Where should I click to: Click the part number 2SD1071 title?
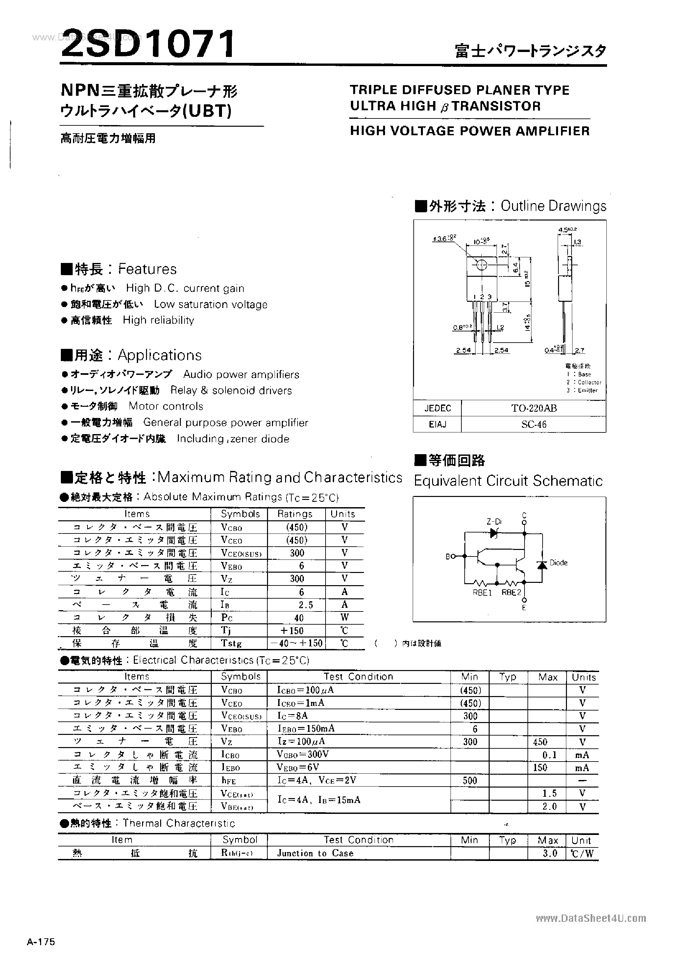(x=148, y=44)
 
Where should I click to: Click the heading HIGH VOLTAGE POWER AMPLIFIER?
(x=470, y=131)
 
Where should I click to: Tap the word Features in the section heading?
(x=147, y=269)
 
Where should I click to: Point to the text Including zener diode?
(x=233, y=439)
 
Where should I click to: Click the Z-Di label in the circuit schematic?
(x=494, y=522)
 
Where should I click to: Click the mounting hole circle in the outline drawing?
(x=482, y=265)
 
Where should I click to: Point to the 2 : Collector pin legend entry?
(x=584, y=382)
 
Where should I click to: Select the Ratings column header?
(x=295, y=514)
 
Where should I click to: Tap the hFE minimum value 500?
(x=470, y=781)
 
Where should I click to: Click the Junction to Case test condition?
(x=315, y=853)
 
